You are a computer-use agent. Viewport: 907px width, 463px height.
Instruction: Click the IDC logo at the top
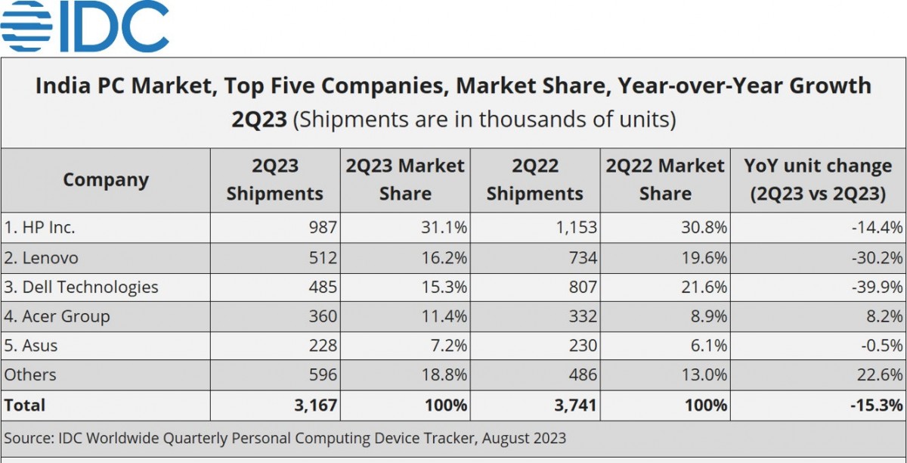tap(85, 26)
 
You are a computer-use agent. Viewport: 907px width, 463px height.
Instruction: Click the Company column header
tap(106, 180)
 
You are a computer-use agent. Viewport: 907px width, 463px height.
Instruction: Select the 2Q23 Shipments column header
tap(274, 180)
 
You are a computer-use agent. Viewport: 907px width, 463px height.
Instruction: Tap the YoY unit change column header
tap(818, 180)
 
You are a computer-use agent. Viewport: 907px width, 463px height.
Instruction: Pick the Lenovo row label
tap(41, 257)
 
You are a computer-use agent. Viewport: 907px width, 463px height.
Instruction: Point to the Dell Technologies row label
tap(81, 287)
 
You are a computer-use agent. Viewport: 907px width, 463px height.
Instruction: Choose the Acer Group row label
tap(57, 316)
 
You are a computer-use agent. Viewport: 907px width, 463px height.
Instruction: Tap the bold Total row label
tap(25, 405)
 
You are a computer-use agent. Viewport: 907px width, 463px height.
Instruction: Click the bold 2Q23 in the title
tap(259, 120)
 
